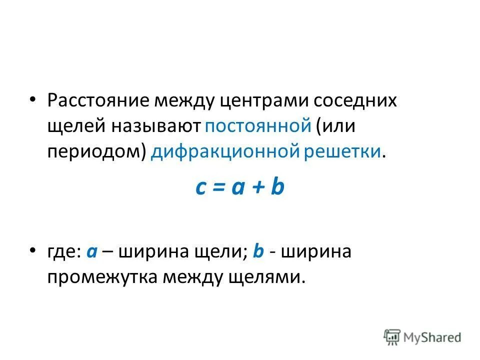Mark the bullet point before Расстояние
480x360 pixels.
[32, 98]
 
